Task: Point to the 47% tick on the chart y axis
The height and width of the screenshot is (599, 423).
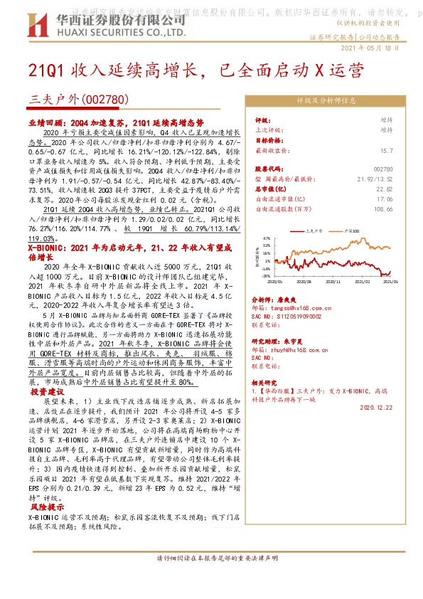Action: [x=267, y=239]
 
